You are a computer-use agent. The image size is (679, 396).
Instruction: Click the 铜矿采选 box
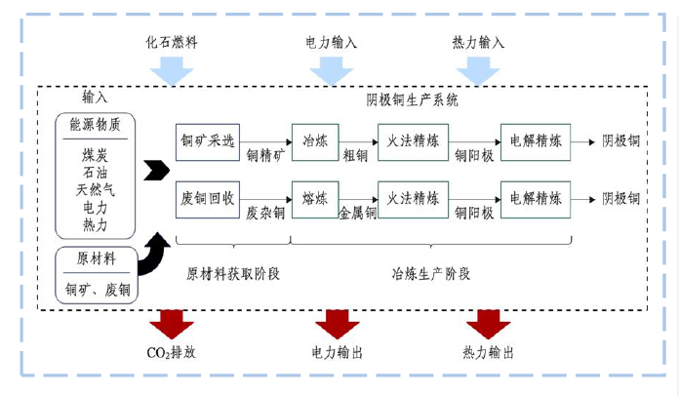coord(208,140)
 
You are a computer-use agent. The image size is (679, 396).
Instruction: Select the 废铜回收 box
coord(208,198)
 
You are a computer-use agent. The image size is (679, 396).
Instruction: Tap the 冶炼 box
coord(316,140)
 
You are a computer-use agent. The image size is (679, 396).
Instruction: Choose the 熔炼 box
coord(316,198)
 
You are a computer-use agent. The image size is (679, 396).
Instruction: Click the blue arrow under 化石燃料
coord(172,69)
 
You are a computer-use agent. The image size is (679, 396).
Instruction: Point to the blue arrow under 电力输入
coord(332,69)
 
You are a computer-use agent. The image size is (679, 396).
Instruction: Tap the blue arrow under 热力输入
coord(478,69)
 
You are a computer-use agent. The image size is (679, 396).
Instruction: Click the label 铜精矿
coord(264,155)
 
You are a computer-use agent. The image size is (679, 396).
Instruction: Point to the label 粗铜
coord(354,155)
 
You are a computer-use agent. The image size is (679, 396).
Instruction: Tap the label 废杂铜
coord(265,213)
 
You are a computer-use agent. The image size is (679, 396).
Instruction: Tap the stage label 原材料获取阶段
coord(233,274)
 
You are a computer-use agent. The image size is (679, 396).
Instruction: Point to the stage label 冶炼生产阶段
coord(431,274)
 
